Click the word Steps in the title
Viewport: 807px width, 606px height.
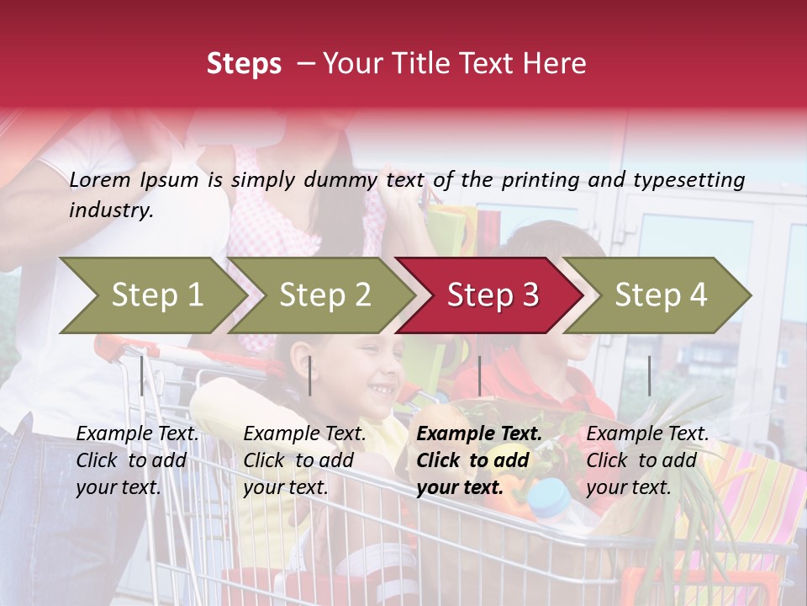244,64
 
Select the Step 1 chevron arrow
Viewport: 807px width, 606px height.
151,295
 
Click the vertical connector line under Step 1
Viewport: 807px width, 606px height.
141,375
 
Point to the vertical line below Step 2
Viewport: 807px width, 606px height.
310,375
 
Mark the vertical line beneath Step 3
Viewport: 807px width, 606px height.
479,375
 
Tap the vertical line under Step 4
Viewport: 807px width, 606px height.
649,375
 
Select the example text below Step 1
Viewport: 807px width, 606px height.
138,460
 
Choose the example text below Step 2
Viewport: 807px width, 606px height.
305,460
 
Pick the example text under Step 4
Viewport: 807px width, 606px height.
647,460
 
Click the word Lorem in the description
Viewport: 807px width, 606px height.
100,180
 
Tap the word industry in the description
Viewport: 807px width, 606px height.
111,210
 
